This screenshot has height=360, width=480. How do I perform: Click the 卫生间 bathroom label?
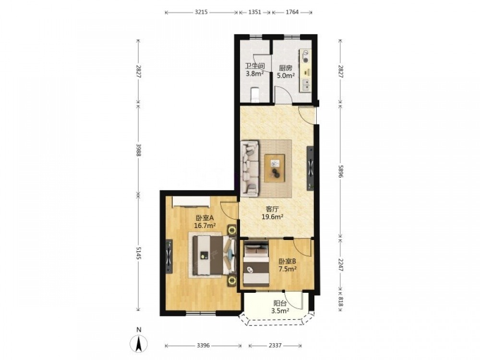coord(255,66)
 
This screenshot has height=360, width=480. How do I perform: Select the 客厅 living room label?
coord(272,209)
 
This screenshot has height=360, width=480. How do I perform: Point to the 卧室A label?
coord(204,218)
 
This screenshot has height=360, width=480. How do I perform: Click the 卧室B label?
coord(287,262)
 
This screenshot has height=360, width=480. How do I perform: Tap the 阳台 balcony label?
coord(280,303)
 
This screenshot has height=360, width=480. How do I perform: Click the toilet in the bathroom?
coord(255,94)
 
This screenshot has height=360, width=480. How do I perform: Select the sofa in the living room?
coord(250,168)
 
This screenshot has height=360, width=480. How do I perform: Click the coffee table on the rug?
coord(275,168)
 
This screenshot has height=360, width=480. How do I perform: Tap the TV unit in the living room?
coord(311,168)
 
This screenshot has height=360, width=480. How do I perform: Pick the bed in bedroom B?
coord(256,264)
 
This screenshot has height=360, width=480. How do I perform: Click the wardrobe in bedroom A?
coord(191,202)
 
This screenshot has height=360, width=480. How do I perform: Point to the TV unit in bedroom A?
coord(169,256)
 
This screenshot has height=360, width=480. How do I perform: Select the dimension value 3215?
coord(201,12)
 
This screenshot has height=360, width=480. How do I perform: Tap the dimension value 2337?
coord(275,346)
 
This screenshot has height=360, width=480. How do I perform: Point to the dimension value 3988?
coord(138,150)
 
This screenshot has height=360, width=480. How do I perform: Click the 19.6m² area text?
coord(272,217)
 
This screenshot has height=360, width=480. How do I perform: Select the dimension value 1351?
coord(255,12)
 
